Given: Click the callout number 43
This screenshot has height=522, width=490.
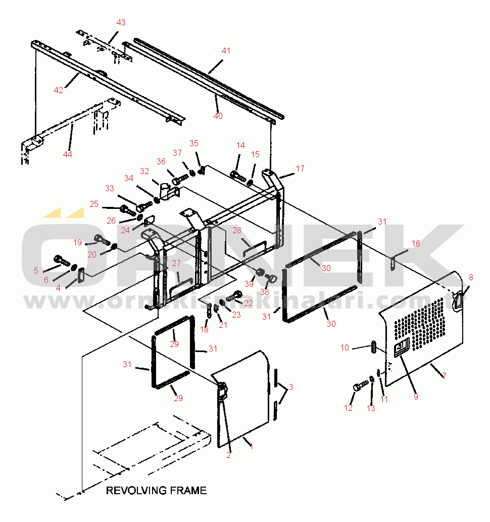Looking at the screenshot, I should pyautogui.click(x=121, y=22).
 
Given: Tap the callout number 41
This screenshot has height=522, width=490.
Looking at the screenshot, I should pyautogui.click(x=226, y=51).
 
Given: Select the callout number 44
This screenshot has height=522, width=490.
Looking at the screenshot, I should pyautogui.click(x=67, y=154).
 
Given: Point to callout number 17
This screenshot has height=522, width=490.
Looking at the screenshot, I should pyautogui.click(x=300, y=168).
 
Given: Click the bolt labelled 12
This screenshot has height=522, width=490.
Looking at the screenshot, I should pyautogui.click(x=358, y=387).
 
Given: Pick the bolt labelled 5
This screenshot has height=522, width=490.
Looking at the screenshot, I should pyautogui.click(x=62, y=260).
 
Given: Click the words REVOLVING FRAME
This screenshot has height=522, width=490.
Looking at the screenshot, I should pyautogui.click(x=156, y=490).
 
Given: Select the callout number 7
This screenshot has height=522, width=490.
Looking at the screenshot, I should pyautogui.click(x=444, y=376).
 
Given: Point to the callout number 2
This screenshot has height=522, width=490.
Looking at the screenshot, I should pyautogui.click(x=228, y=455).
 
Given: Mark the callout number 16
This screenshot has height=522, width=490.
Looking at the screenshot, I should pyautogui.click(x=415, y=243).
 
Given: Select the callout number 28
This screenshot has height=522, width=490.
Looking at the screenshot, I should pyautogui.click(x=237, y=231).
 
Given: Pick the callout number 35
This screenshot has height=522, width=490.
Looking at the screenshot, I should pyautogui.click(x=194, y=143).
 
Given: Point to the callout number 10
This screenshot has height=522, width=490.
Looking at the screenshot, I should pyautogui.click(x=345, y=347).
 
